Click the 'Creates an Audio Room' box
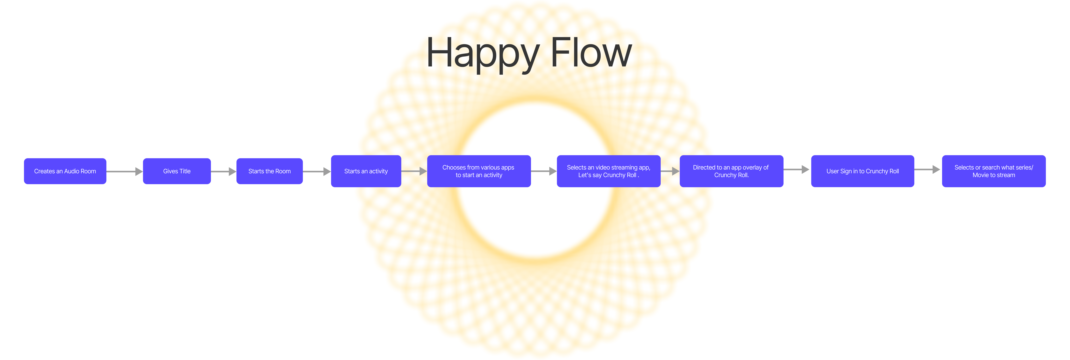click(x=65, y=171)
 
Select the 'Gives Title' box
click(x=177, y=171)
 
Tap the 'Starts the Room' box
click(x=270, y=171)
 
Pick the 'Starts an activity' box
click(x=366, y=171)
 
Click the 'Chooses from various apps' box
click(x=479, y=171)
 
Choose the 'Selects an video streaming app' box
click(x=609, y=171)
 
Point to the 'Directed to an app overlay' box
click(x=731, y=171)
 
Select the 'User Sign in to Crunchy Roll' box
click(x=863, y=171)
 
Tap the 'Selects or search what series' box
click(x=994, y=171)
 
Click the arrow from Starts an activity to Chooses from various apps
click(x=414, y=171)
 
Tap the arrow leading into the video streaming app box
click(x=544, y=171)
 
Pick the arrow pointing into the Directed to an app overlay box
click(x=670, y=171)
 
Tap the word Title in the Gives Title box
click(x=185, y=171)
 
